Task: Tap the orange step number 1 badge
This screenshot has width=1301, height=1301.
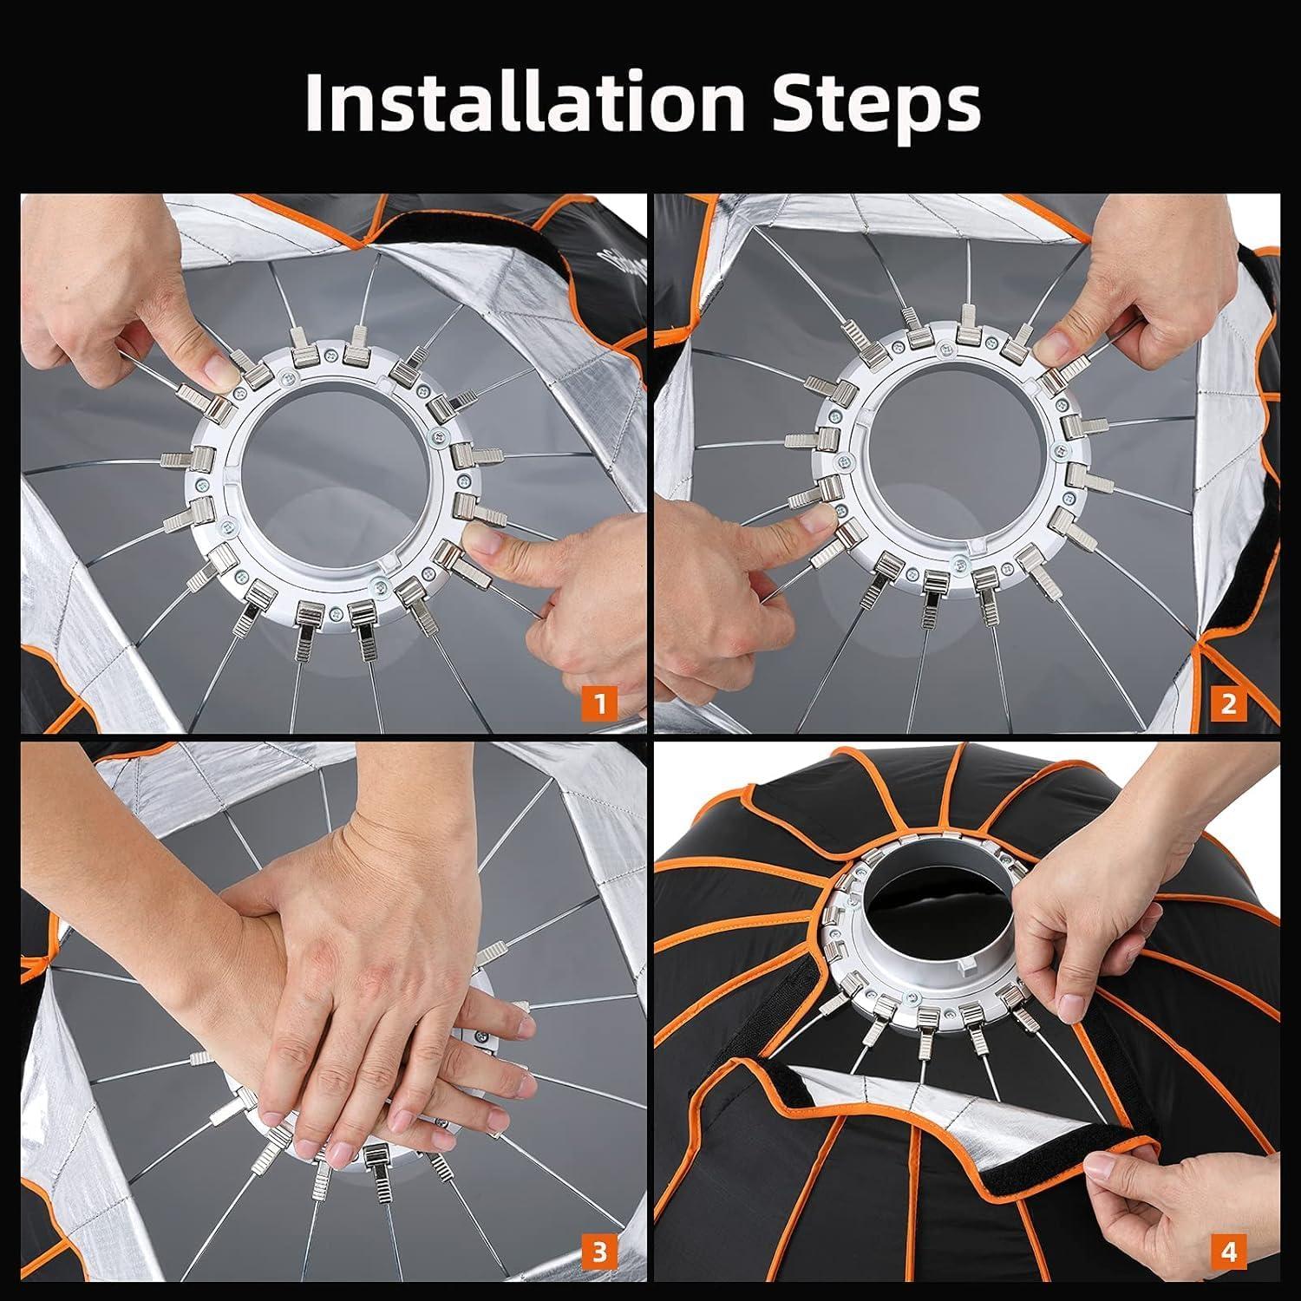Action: point(600,702)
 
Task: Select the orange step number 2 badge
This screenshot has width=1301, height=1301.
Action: point(1228,702)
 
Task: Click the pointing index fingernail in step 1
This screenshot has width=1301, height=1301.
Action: point(486,544)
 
